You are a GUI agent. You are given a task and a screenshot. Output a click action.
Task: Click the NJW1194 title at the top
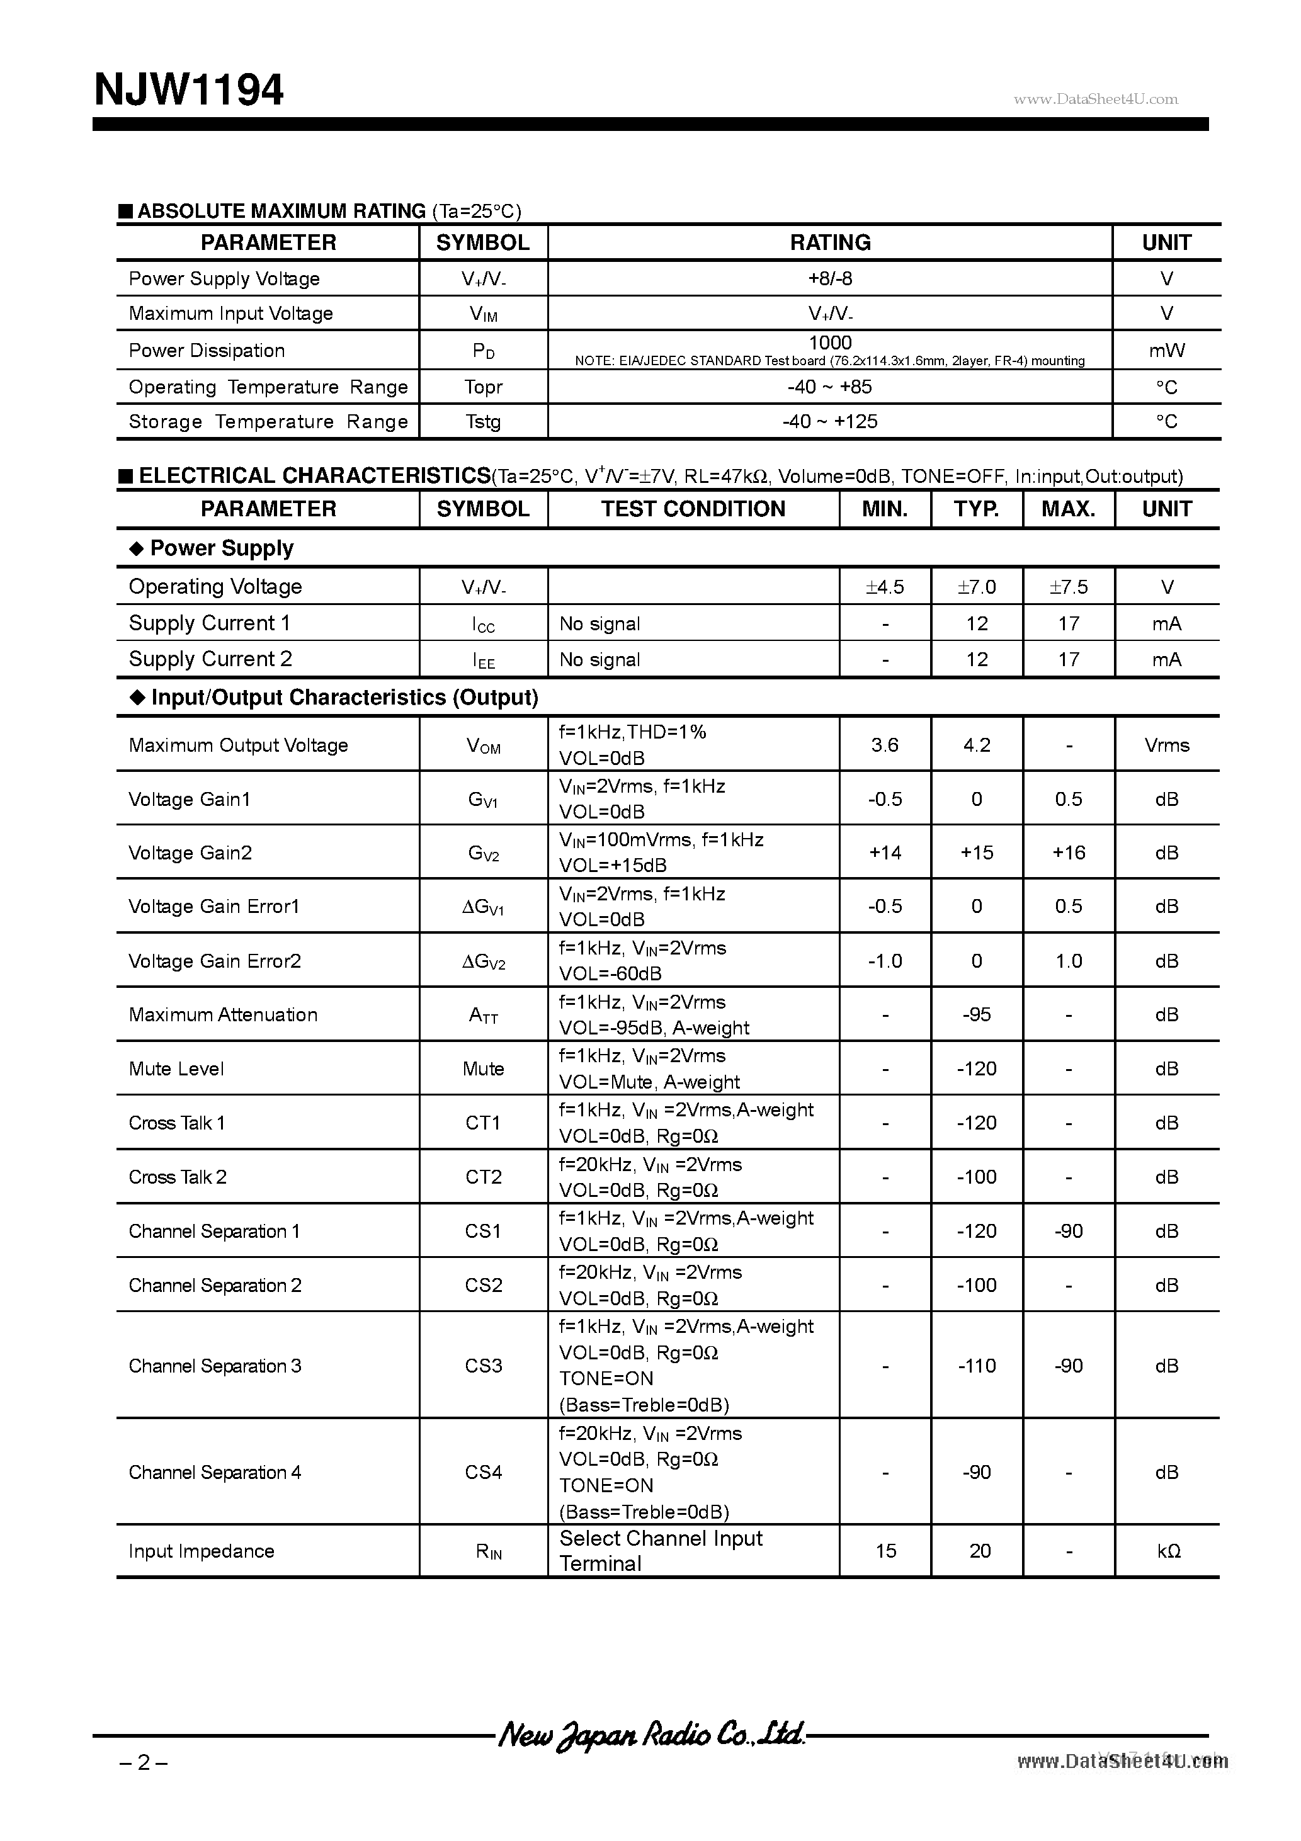pyautogui.click(x=188, y=90)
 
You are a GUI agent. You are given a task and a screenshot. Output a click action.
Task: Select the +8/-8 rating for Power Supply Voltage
pyautogui.click(x=829, y=278)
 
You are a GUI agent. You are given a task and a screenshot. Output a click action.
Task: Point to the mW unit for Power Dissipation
pyautogui.click(x=1166, y=351)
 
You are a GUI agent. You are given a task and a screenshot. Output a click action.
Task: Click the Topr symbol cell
pyautogui.click(x=483, y=387)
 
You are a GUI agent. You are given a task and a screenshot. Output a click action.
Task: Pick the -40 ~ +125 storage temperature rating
pyautogui.click(x=829, y=421)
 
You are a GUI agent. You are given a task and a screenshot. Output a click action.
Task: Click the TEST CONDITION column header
pyautogui.click(x=693, y=509)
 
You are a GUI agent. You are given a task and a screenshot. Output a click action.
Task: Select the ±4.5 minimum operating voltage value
pyautogui.click(x=885, y=587)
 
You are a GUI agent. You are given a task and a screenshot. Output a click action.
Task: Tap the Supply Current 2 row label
pyautogui.click(x=210, y=659)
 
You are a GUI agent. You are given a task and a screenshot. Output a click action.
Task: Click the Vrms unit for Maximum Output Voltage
pyautogui.click(x=1166, y=745)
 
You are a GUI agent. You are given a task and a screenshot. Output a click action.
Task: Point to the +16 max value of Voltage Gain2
pyautogui.click(x=1069, y=853)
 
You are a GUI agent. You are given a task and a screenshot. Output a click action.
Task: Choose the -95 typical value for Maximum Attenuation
pyautogui.click(x=976, y=1014)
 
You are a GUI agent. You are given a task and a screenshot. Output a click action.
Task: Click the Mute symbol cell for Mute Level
pyautogui.click(x=483, y=1069)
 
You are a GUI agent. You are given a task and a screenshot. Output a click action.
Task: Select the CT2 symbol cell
pyautogui.click(x=483, y=1177)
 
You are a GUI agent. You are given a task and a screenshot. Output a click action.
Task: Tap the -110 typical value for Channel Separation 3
pyautogui.click(x=976, y=1366)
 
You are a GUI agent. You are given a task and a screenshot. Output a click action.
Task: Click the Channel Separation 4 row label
pyautogui.click(x=215, y=1472)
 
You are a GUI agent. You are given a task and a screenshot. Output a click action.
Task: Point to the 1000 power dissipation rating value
pyautogui.click(x=829, y=343)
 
